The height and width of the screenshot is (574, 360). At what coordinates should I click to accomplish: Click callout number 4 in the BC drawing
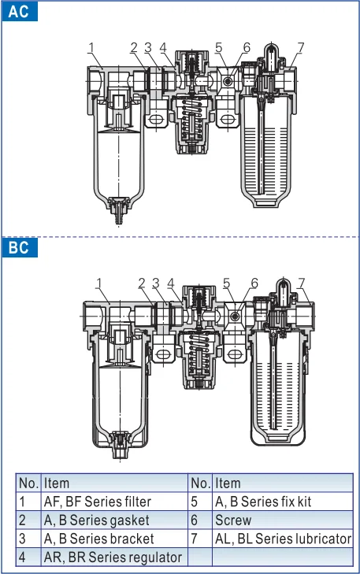click(x=172, y=283)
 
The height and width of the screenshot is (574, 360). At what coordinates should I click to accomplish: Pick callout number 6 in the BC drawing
click(x=254, y=283)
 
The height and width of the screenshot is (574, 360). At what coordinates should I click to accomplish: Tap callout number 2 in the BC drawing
click(x=142, y=283)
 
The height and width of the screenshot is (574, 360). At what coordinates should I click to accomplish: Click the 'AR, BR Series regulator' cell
click(x=113, y=557)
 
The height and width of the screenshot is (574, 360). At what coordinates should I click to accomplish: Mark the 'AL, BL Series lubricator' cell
click(x=281, y=539)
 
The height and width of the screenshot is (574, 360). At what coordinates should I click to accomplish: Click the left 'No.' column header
click(x=28, y=483)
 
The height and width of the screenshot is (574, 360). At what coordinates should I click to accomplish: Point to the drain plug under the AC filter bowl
click(x=118, y=211)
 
